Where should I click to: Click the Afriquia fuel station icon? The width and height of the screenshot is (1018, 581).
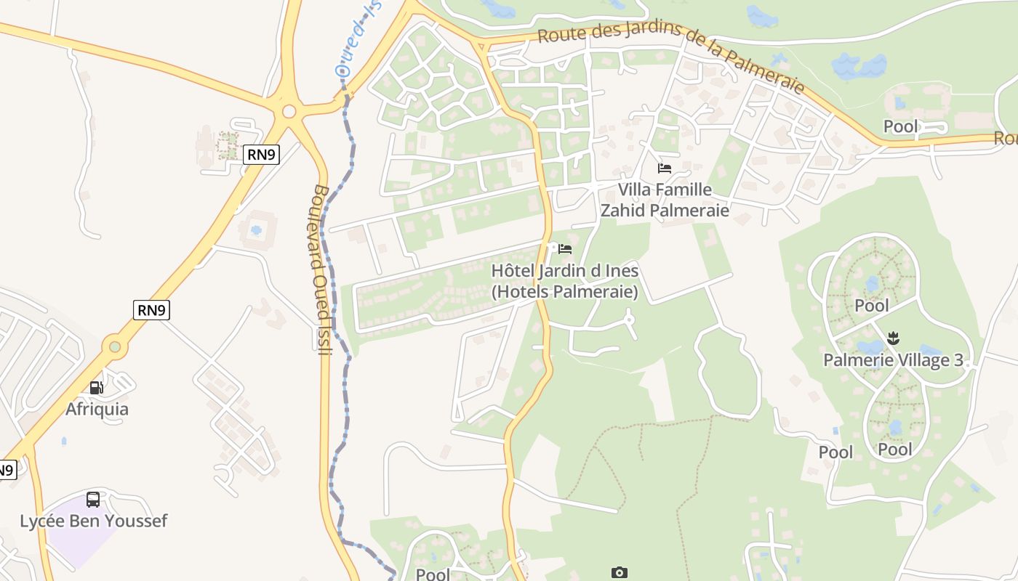coord(97,388)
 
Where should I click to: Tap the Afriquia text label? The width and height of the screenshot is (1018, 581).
coord(97,409)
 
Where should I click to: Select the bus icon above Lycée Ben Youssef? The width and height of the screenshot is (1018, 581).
coord(93,500)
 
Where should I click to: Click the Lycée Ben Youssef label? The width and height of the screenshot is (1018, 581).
coord(93,521)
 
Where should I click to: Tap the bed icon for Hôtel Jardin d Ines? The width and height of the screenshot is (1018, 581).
coord(565,249)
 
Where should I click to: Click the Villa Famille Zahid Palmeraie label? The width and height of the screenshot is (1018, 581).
coord(664,200)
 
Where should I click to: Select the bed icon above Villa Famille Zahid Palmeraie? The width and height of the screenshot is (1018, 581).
coord(664,168)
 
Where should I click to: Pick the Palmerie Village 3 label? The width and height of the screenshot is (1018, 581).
coord(893,360)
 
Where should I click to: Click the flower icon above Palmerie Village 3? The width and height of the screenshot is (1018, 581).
coord(894,338)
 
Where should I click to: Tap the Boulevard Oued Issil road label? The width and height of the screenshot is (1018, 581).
coord(321,269)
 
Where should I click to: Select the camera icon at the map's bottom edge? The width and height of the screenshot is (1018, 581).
coord(619,573)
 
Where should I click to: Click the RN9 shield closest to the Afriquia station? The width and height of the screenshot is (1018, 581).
coord(152,310)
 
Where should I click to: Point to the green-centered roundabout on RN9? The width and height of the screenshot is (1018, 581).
coord(115,346)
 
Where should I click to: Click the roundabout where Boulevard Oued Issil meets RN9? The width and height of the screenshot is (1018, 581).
coord(289,111)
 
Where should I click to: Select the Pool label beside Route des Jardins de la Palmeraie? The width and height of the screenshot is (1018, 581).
coord(900,126)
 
